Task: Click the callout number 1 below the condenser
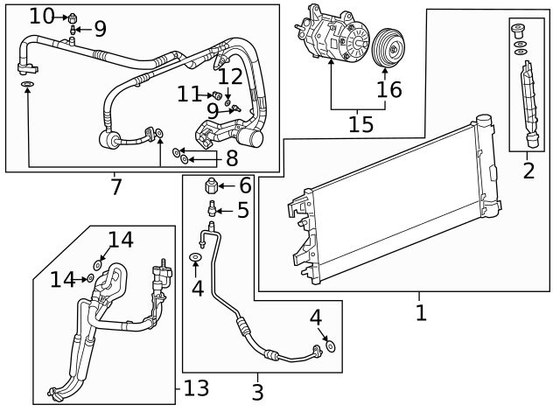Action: coord(422,311)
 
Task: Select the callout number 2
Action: coord(528,170)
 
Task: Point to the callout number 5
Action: coord(242,210)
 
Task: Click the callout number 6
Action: coord(244,185)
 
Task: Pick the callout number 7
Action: coord(115,186)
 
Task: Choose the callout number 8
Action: coord(231,158)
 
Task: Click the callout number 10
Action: coord(41,15)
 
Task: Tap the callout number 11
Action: coord(188,93)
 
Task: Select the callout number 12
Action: coord(229,77)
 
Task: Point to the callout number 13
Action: coord(198,388)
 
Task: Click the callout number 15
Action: coord(361,123)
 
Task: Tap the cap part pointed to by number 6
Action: coord(210,185)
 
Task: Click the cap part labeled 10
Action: coord(73,16)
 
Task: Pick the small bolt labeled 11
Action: coord(215,94)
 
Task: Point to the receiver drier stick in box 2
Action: coord(527,101)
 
